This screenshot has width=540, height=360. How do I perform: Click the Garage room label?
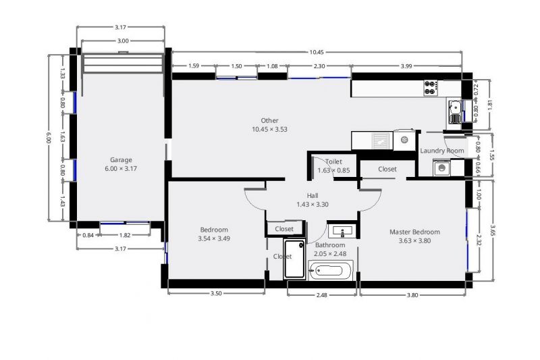point(121,160)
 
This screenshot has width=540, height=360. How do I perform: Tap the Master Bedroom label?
point(414,232)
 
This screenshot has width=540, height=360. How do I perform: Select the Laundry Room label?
point(442,151)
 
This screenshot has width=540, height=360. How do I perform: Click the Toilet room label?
point(333,161)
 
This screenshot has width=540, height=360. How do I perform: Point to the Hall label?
point(313,195)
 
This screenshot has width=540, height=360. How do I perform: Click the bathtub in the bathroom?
point(331,271)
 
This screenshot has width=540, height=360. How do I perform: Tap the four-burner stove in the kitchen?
point(431,88)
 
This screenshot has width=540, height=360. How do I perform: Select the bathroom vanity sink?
point(342,232)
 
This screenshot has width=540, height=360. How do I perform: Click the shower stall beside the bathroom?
point(294,260)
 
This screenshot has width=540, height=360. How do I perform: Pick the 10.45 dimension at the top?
point(316,53)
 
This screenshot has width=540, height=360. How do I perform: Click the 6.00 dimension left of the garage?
point(49,138)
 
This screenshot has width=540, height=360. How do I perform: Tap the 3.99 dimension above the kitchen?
point(406,66)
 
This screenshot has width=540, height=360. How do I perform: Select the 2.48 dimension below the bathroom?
point(321,295)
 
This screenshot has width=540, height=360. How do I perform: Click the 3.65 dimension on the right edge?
point(493,230)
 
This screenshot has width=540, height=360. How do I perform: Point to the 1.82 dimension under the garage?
point(125,235)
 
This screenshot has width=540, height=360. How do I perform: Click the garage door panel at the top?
point(123,63)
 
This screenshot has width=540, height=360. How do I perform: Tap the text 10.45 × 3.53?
point(269,129)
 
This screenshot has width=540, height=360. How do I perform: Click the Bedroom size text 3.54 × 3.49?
point(214,238)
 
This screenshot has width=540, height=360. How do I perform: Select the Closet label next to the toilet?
point(387,169)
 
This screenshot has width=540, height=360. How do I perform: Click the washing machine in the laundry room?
point(442,168)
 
